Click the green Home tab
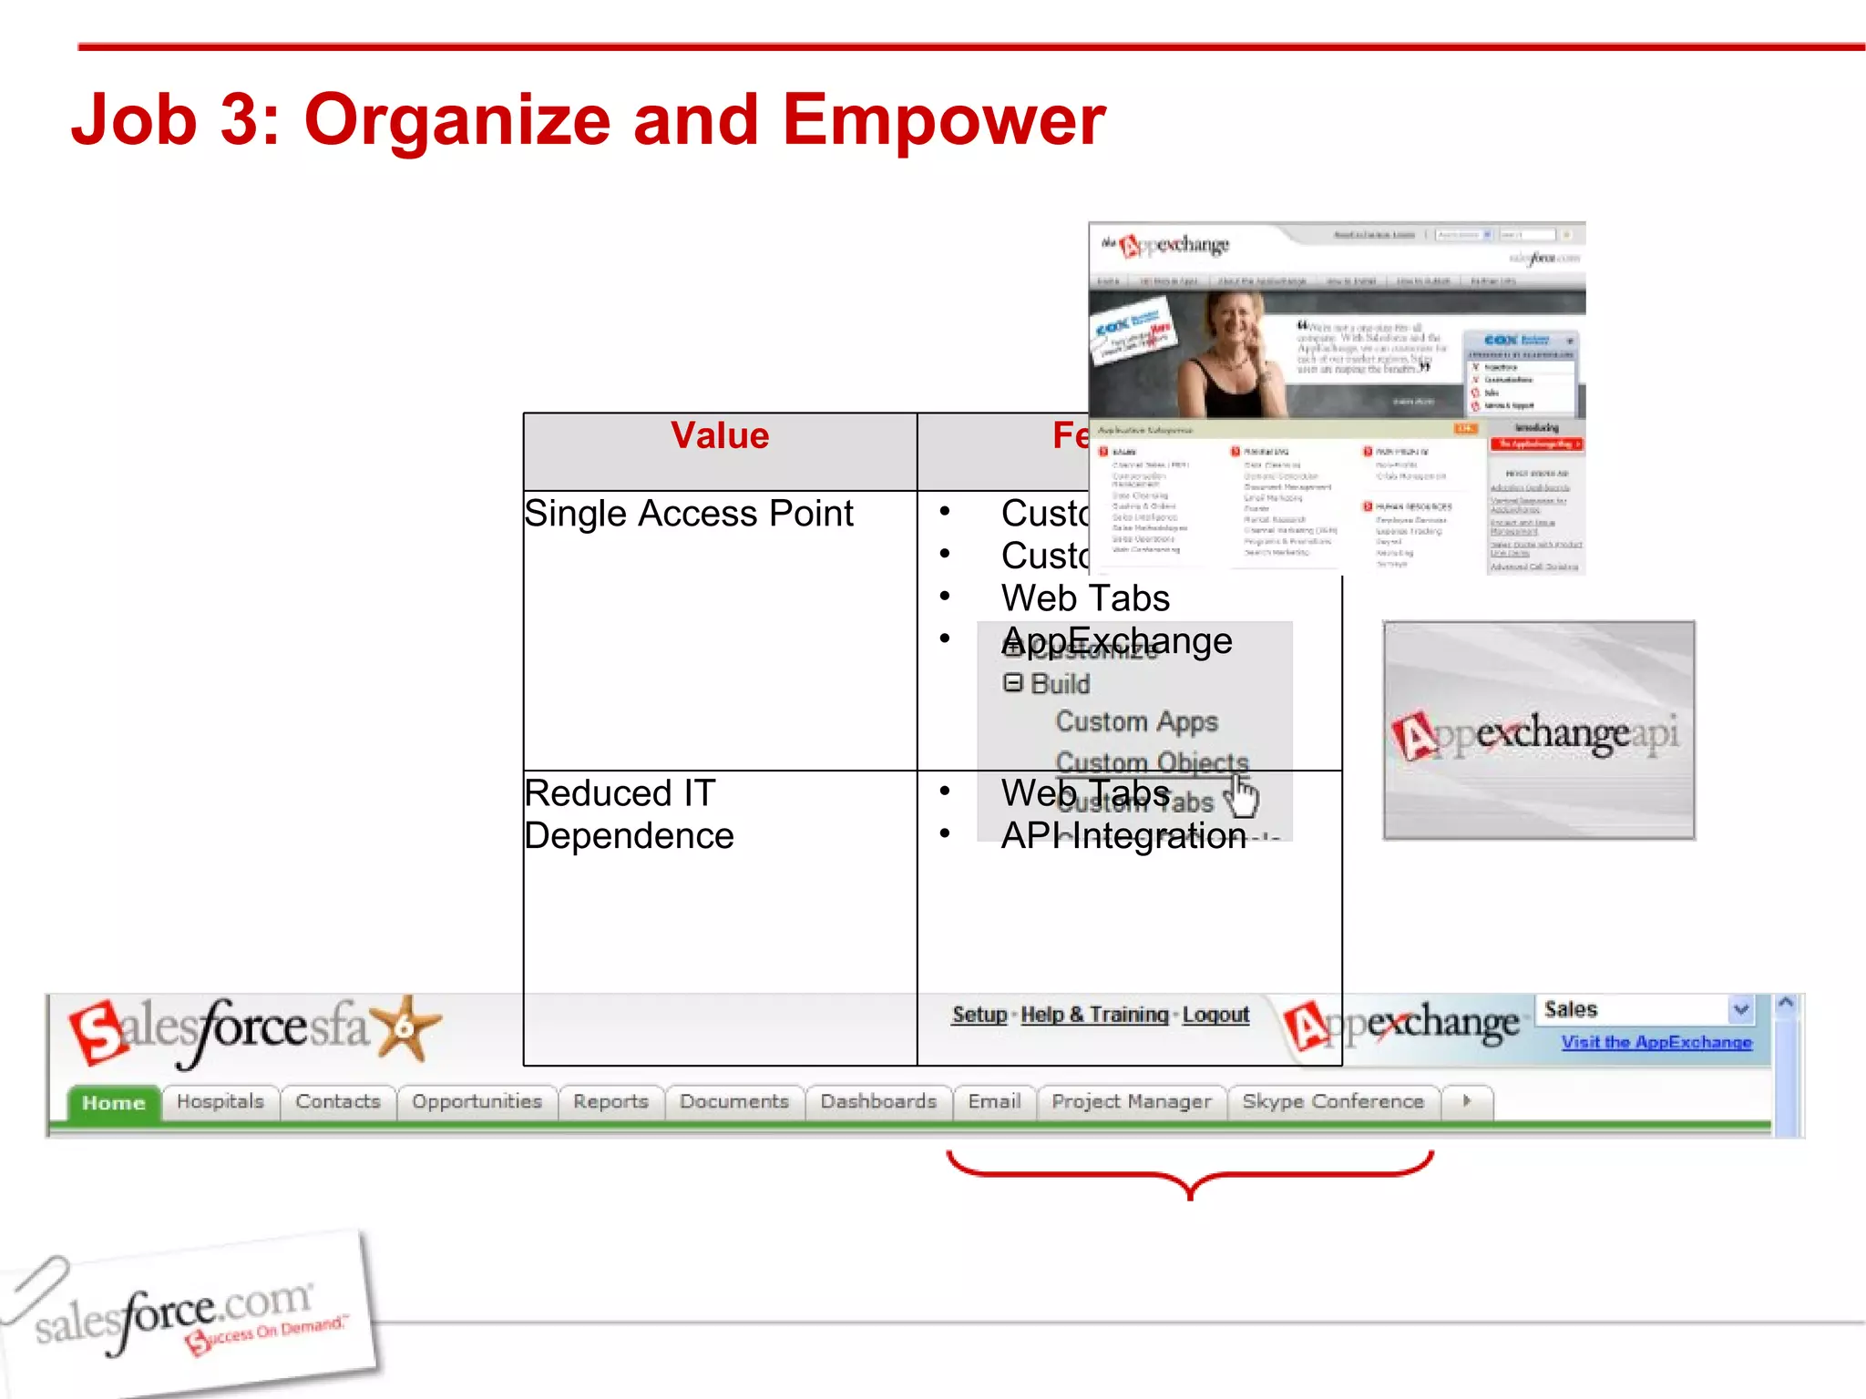pyautogui.click(x=114, y=1103)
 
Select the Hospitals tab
pyautogui.click(x=220, y=1102)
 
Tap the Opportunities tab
pyautogui.click(x=477, y=1102)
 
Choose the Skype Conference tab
pyautogui.click(x=1332, y=1102)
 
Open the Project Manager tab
pyautogui.click(x=1131, y=1102)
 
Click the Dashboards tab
pyautogui.click(x=877, y=1102)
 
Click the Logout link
pyautogui.click(x=1215, y=1015)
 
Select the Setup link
pyautogui.click(x=979, y=1015)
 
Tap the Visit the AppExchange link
pyautogui.click(x=1656, y=1043)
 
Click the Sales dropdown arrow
pyautogui.click(x=1740, y=1009)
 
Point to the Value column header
pyautogui.click(x=720, y=436)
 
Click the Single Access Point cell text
pyautogui.click(x=689, y=514)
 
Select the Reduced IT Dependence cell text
pyautogui.click(x=629, y=814)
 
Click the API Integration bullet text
pyautogui.click(x=1123, y=836)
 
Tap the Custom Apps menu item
pyautogui.click(x=1136, y=721)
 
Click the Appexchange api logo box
pyautogui.click(x=1539, y=730)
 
